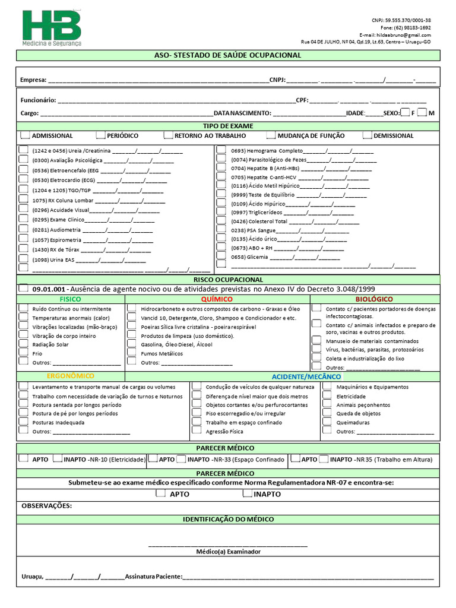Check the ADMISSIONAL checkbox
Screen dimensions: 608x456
click(x=24, y=135)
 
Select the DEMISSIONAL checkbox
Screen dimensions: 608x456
click(x=367, y=135)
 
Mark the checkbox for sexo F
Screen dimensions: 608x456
click(x=405, y=113)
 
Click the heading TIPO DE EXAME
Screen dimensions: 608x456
click(x=228, y=126)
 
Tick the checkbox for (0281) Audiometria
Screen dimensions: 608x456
click(x=23, y=229)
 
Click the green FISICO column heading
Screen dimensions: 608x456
click(x=71, y=299)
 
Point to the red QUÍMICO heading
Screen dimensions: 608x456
click(x=217, y=299)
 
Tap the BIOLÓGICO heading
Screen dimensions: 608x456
click(x=374, y=299)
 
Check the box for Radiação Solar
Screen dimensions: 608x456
click(x=23, y=344)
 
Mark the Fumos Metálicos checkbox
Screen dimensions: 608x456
click(x=132, y=353)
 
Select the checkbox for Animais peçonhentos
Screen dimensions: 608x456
click(x=326, y=404)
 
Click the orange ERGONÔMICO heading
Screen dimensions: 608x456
click(x=71, y=376)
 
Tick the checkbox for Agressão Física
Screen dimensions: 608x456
click(x=196, y=431)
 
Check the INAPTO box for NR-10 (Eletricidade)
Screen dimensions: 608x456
click(x=58, y=459)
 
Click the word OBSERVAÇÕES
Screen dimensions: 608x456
click(x=46, y=506)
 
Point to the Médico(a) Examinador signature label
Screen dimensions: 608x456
click(x=228, y=552)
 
